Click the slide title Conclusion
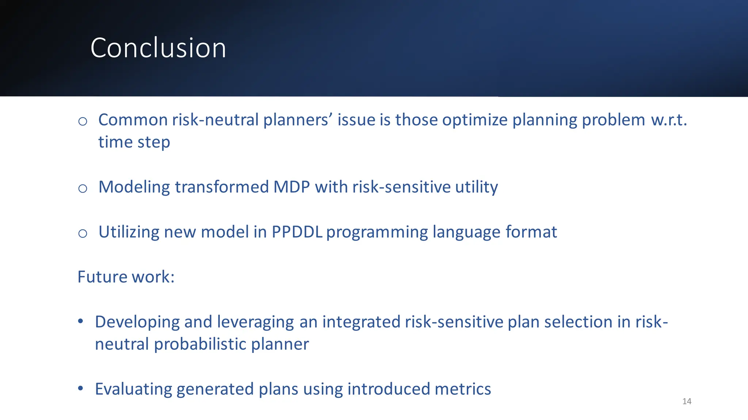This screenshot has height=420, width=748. tap(158, 48)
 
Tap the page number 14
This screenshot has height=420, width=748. tap(687, 401)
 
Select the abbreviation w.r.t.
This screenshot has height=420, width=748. tap(669, 120)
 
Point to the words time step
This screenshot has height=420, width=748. tap(134, 142)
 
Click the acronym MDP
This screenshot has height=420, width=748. tap(291, 187)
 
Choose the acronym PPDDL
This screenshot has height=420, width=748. tap(297, 232)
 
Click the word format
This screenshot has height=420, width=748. tap(531, 232)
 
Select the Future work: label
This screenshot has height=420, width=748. tap(126, 277)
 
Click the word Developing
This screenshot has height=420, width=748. tap(137, 322)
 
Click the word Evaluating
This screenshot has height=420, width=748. tap(133, 389)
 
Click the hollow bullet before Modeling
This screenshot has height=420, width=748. tap(83, 188)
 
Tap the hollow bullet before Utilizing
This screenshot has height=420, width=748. tap(83, 233)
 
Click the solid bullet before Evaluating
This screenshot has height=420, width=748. tap(81, 388)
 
